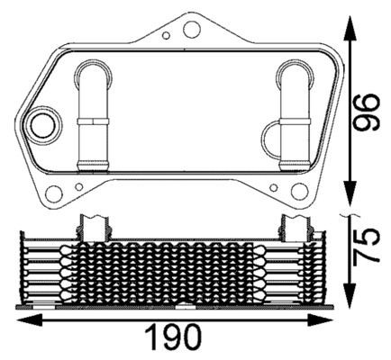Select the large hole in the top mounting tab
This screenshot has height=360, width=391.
(190, 30)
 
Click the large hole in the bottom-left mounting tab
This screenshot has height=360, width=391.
(55, 193)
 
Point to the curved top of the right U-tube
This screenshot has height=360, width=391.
(294, 68)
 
